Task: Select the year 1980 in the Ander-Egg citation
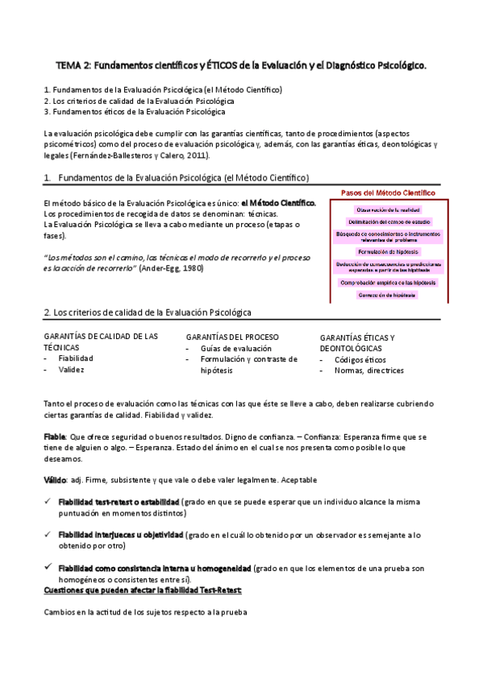188,267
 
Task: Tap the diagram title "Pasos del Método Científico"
388,193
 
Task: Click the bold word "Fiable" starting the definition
55,436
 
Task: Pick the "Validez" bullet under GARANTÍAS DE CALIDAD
71,370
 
